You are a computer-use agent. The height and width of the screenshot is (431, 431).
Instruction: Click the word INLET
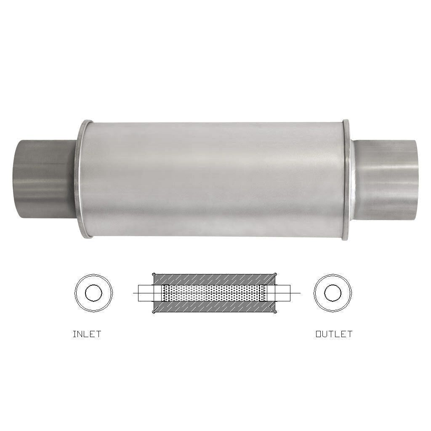[87, 334]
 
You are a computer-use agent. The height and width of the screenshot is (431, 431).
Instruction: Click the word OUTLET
[334, 334]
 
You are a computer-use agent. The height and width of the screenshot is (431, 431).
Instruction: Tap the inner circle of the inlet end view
[93, 293]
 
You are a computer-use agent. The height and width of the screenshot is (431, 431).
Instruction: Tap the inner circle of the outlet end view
[333, 293]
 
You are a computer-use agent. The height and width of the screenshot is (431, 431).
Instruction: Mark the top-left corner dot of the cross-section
[153, 274]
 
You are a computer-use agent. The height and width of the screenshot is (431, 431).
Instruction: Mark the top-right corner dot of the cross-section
[276, 274]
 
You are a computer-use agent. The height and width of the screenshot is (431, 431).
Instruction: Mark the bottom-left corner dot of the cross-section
[153, 312]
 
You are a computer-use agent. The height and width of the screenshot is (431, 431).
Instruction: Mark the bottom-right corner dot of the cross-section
[276, 312]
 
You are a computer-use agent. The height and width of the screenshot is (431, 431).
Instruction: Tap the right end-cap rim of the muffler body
[346, 179]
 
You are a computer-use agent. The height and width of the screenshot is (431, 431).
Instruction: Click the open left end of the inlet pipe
[16, 179]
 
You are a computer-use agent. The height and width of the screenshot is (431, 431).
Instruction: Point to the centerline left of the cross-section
[136, 293]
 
